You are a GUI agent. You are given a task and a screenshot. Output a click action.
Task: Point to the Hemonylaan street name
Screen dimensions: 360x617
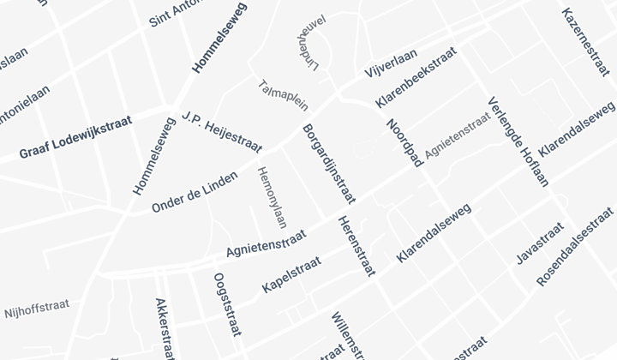pos(271,197)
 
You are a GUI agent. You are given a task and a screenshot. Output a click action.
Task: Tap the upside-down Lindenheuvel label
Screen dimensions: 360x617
pos(314,47)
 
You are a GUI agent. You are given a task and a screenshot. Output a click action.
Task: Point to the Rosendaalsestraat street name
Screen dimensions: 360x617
pos(575,246)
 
